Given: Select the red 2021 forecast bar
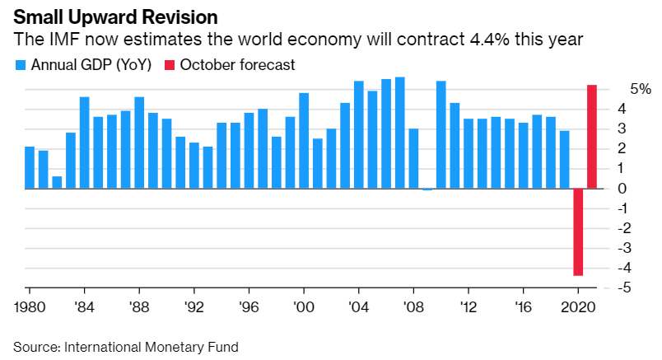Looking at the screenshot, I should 591,137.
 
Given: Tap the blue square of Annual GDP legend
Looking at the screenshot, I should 21,64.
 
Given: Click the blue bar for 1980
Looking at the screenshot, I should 30,167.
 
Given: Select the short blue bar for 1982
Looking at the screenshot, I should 57,182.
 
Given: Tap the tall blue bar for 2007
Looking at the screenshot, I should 400,133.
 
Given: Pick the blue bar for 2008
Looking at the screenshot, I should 414,158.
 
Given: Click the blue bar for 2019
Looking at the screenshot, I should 564,159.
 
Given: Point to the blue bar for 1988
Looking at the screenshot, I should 139,143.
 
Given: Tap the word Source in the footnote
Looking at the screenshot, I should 34,347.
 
